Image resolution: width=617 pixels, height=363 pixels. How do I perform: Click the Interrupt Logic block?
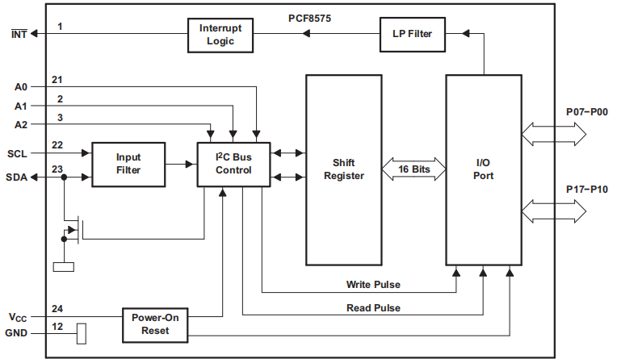pos(220,35)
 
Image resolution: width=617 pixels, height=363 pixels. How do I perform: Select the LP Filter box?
pos(413,34)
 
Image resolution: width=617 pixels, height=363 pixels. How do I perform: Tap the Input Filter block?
pos(128,165)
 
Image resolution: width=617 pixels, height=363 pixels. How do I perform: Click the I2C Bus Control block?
pos(233,164)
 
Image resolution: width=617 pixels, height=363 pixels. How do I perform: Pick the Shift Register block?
pos(343,169)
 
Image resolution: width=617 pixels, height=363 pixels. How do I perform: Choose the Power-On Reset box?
pos(155,324)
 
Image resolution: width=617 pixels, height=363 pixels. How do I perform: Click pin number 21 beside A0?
pos(57,79)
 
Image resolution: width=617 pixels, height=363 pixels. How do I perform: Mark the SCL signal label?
pos(18,152)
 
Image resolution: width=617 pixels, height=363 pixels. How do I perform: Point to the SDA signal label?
pos(18,177)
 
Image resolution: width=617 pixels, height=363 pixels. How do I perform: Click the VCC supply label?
pos(19,317)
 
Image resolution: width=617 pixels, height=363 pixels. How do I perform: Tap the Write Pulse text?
pos(373,285)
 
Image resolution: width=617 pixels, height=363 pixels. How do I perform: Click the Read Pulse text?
pos(373,307)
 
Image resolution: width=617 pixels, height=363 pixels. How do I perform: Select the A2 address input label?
pos(22,124)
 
